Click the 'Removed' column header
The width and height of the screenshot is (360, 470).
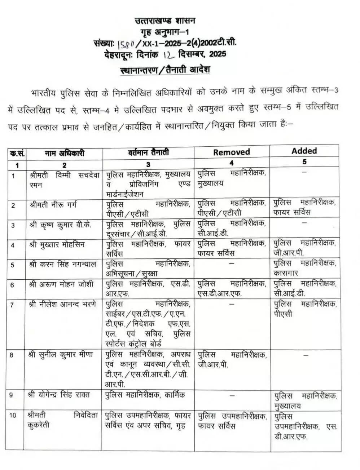231,152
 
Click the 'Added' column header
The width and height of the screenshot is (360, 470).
304,151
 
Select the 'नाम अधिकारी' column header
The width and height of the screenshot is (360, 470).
65,153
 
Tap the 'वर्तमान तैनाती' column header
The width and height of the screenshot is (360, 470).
148,152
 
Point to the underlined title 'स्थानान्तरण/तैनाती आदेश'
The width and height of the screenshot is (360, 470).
165,69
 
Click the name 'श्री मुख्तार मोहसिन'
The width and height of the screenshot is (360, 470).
57,244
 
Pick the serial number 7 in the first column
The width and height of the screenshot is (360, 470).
12,305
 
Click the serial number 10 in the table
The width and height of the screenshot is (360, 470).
13,415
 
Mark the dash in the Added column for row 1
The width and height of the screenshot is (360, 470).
304,172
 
